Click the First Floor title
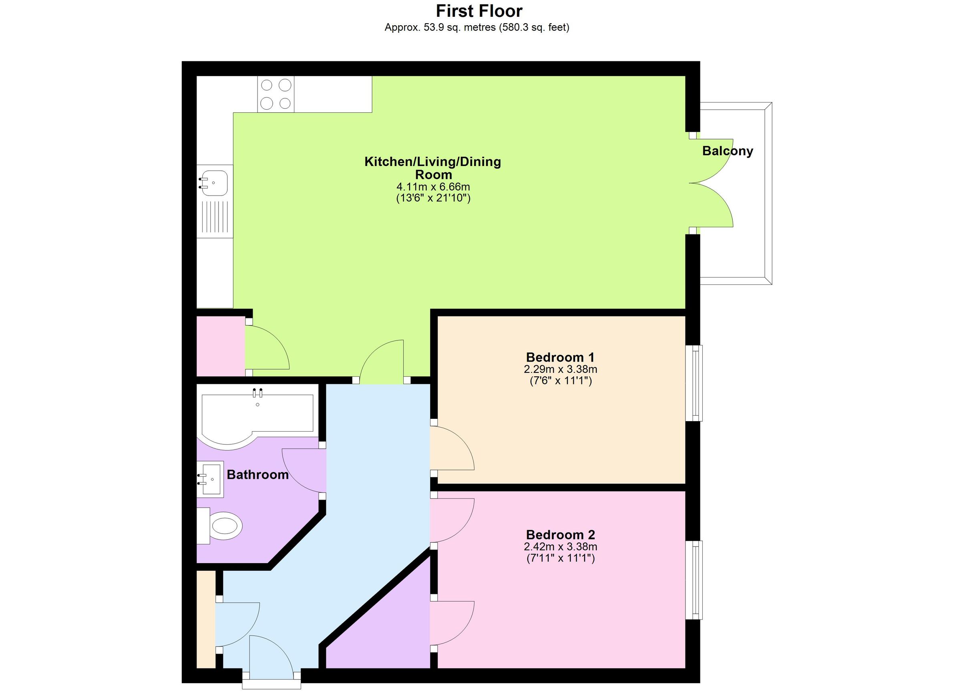coord(479,11)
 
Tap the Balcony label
coord(728,151)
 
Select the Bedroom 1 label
coord(560,357)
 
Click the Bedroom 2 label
coord(560,535)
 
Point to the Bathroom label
coord(257,474)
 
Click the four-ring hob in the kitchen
coord(276,94)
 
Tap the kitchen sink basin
coord(214,183)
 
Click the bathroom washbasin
coord(211,479)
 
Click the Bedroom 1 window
coord(694,383)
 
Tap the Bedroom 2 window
coord(694,580)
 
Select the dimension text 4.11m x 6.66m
coord(433,187)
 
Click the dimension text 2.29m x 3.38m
coord(560,369)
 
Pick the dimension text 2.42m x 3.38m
coord(560,547)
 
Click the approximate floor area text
coord(476,28)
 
